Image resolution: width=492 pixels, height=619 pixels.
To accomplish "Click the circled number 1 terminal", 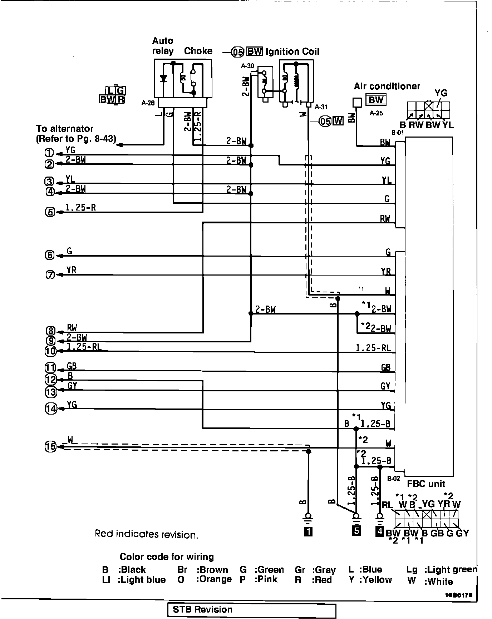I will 50,153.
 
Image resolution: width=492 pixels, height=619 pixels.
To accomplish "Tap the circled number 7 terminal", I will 50,275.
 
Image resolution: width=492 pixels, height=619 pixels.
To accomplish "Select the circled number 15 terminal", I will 50,446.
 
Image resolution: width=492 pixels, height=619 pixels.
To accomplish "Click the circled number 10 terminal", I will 50,351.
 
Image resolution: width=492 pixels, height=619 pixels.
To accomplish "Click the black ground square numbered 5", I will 356,531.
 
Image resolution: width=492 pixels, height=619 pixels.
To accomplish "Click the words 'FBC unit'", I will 426,484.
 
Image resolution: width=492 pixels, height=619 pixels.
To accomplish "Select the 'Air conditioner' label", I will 387,86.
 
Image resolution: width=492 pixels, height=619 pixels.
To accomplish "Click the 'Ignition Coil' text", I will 292,51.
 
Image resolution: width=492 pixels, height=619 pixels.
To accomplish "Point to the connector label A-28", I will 148,103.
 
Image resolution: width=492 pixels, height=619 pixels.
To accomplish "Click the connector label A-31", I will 321,107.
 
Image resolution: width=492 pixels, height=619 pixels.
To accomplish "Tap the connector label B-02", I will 393,478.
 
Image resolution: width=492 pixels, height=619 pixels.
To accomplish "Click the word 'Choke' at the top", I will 198,51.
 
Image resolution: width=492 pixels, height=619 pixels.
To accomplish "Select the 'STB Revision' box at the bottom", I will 252,610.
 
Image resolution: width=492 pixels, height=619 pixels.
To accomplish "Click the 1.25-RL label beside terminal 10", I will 81,346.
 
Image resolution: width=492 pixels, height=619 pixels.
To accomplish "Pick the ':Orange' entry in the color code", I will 214,579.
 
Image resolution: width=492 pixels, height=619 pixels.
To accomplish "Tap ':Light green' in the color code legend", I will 450,570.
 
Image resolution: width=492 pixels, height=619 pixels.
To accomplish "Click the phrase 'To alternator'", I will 64,129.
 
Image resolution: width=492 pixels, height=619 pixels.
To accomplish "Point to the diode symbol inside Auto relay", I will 164,78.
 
